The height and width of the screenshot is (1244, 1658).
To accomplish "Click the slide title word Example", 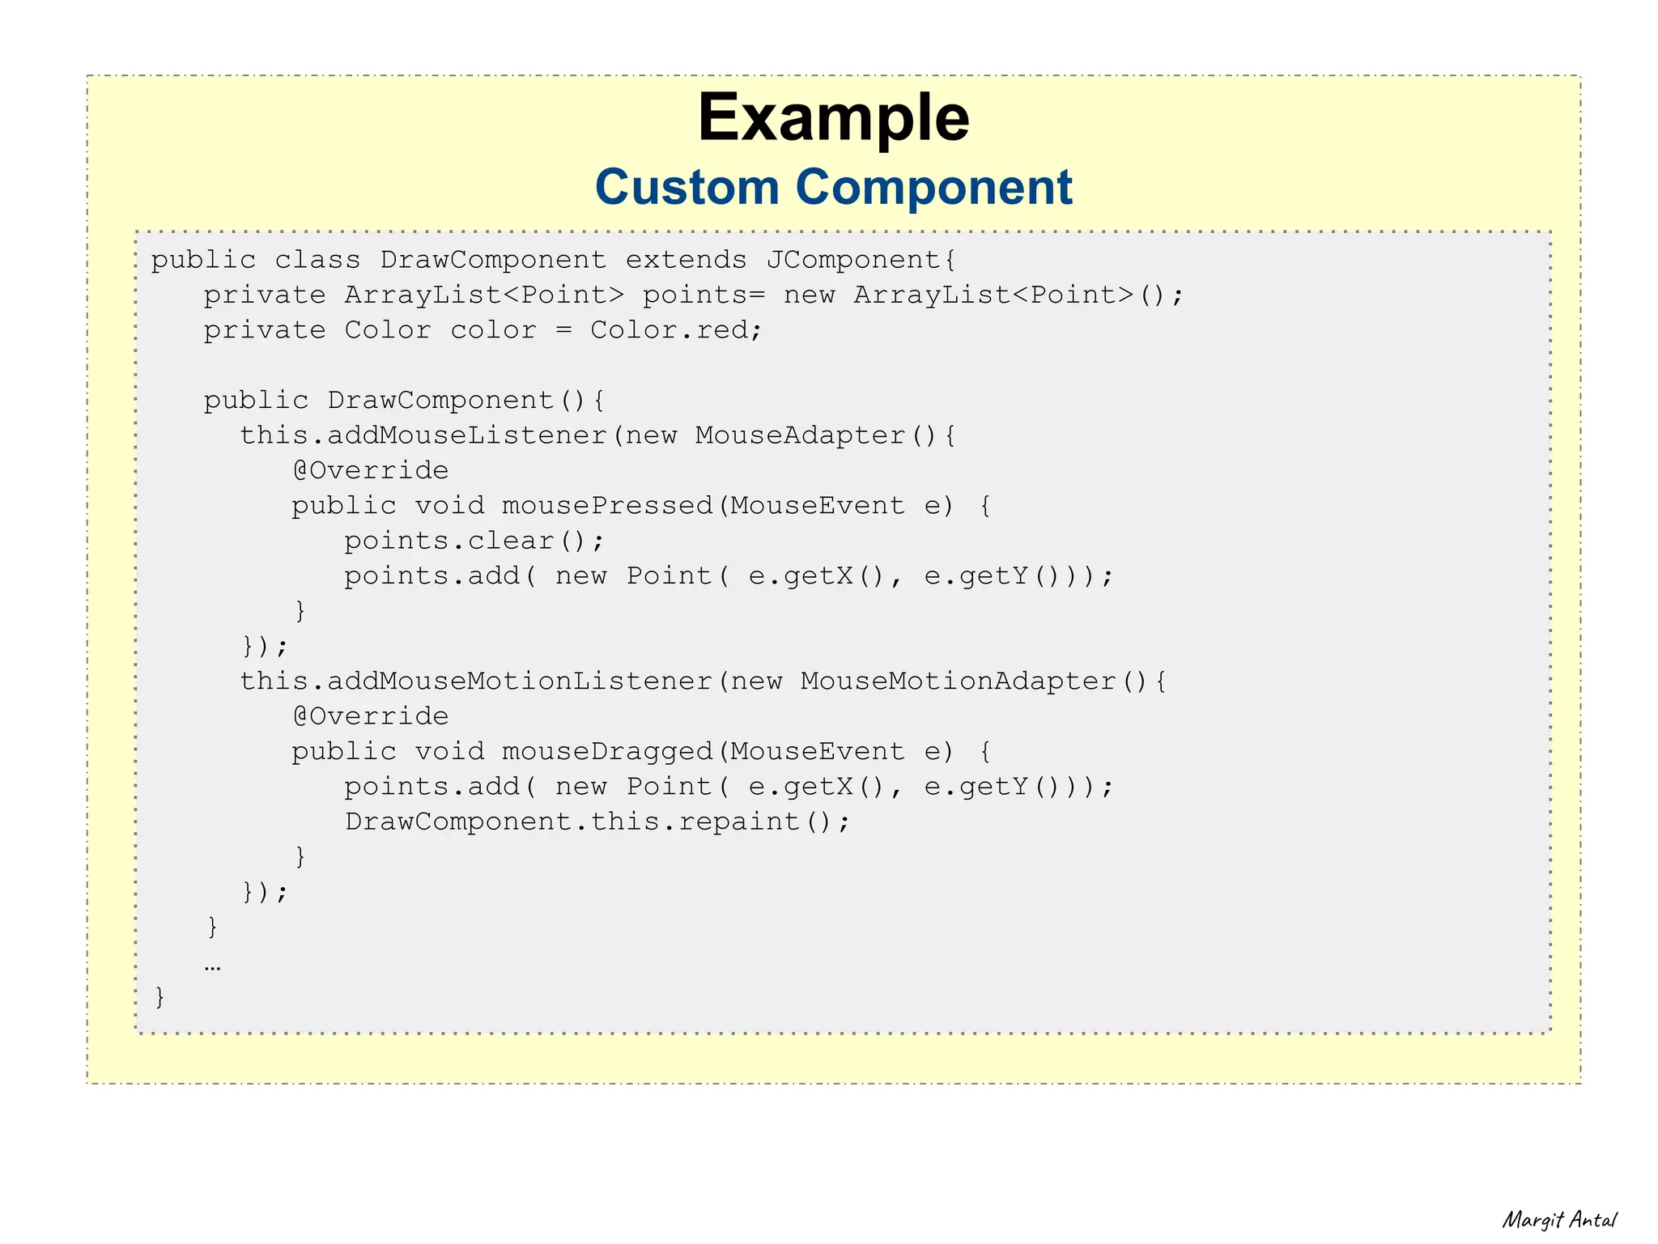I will [833, 118].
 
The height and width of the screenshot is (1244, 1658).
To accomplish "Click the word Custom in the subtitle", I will [687, 187].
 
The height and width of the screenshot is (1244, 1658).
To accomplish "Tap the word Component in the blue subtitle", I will [933, 187].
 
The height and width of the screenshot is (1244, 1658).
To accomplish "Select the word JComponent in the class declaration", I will [861, 260].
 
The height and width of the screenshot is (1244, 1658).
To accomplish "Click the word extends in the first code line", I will [686, 260].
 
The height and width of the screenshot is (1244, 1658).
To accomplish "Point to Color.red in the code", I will [675, 330].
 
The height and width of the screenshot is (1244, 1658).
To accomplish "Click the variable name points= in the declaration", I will [704, 295].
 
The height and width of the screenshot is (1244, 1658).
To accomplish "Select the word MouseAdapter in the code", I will [800, 435].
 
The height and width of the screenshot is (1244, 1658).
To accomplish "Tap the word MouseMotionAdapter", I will [958, 681].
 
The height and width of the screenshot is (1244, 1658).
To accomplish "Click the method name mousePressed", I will [606, 506].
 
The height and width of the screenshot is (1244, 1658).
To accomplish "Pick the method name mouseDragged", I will [606, 752].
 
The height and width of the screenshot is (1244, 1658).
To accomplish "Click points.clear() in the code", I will [474, 541].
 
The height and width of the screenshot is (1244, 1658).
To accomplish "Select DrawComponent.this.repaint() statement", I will [597, 822].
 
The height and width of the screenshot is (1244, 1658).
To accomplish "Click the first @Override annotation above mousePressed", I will [370, 470].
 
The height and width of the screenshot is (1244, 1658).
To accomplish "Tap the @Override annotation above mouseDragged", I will [370, 716].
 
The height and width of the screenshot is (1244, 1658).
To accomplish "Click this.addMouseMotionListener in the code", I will [475, 681].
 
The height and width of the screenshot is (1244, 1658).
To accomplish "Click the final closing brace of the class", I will [159, 996].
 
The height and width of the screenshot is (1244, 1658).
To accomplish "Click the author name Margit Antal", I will [1559, 1220].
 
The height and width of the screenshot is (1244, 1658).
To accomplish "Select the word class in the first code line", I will [317, 260].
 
